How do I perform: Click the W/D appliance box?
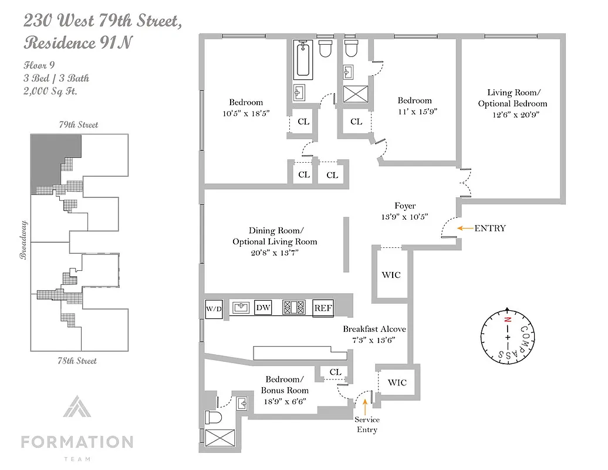pos(213,308)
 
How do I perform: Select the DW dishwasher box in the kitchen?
pos(264,308)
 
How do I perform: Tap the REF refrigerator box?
pos(323,308)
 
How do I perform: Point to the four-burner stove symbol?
pos(295,308)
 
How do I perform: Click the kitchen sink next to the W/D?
pos(241,308)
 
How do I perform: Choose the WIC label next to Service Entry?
pos(397,382)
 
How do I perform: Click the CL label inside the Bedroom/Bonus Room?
pos(335,372)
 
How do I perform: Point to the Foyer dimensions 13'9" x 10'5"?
pos(405,216)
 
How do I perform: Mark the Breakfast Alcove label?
pos(374,329)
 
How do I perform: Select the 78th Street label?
pos(78,360)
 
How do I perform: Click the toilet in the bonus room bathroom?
pos(212,418)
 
